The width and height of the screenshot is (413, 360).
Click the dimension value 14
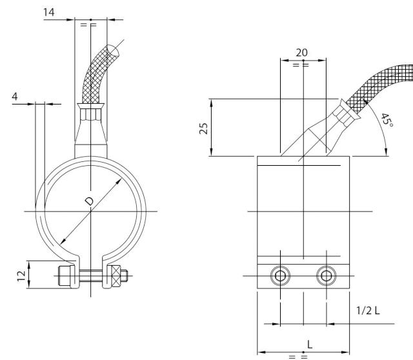click(x=51, y=13)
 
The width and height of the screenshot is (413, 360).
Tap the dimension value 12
click(x=20, y=275)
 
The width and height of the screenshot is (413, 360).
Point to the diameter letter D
click(x=89, y=202)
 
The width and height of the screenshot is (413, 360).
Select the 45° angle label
click(x=387, y=120)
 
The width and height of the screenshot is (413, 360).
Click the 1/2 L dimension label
click(x=368, y=310)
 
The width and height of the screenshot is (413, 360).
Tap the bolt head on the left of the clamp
click(x=65, y=275)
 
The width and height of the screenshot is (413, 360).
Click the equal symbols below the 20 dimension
click(x=301, y=65)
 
